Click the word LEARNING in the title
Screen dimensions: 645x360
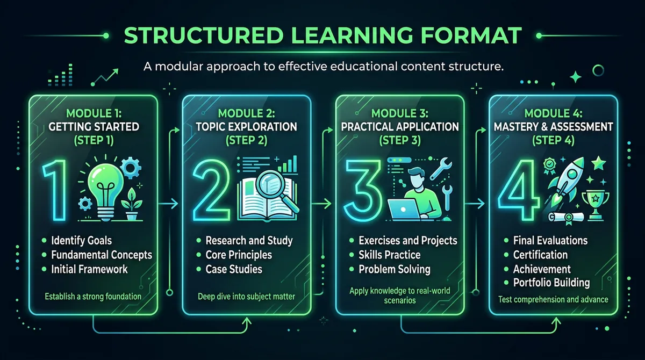(352, 35)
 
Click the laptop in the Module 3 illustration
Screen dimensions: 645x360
(404, 209)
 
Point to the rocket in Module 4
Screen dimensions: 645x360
(567, 180)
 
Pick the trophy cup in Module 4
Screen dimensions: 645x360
(596, 205)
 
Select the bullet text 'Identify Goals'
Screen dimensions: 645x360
(82, 241)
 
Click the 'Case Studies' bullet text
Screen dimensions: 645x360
(234, 269)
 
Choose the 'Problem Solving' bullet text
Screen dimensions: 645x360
(395, 270)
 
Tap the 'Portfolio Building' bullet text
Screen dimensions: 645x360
(551, 283)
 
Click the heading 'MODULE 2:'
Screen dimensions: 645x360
(247, 113)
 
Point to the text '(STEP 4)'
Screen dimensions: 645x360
(553, 140)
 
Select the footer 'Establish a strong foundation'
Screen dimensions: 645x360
(93, 297)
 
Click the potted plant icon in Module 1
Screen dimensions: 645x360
(132, 204)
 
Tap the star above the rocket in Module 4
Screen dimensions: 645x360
(598, 163)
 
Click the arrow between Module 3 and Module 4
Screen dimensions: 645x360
(475, 204)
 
